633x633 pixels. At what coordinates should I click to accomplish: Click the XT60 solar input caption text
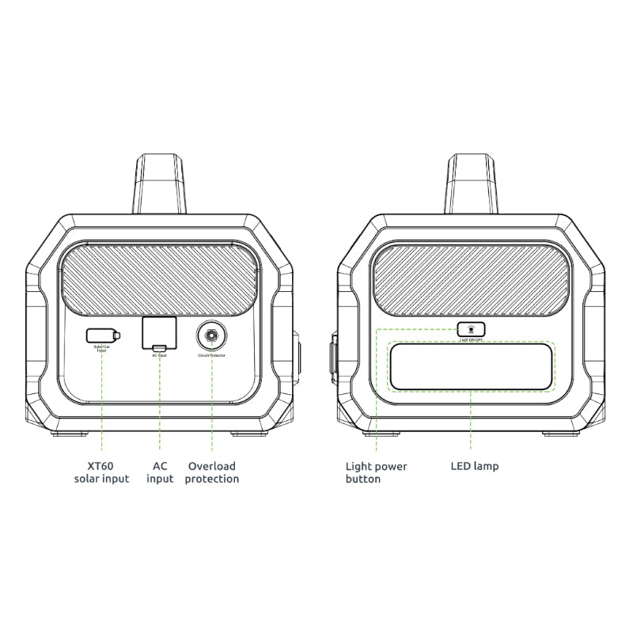coord(101,472)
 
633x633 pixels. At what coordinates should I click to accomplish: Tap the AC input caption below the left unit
coord(160,472)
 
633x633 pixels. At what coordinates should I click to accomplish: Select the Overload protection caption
coord(211,472)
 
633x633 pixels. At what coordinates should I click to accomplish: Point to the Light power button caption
coord(376,472)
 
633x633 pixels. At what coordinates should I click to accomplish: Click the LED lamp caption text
coord(475,466)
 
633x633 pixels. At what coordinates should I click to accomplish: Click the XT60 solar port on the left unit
coord(104,335)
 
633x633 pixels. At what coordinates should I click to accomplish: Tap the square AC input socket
coord(159,333)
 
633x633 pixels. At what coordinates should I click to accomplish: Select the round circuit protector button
coord(211,335)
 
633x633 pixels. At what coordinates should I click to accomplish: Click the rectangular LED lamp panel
coord(471,366)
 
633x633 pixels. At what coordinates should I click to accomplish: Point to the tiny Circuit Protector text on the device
coord(211,356)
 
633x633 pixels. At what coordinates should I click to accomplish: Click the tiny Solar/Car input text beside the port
coord(101,349)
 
